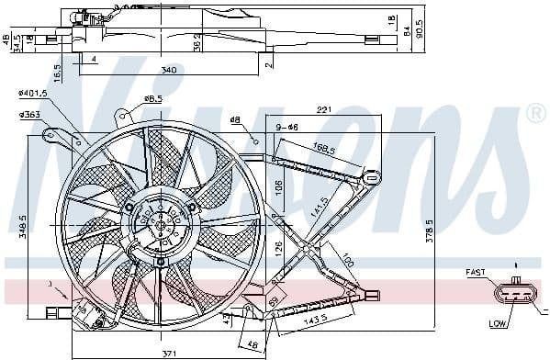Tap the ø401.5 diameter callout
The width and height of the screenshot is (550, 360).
pos(34,93)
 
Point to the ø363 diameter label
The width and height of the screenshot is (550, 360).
pos(30,114)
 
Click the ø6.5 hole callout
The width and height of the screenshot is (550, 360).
pos(154,99)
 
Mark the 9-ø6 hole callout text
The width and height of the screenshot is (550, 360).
pos(288,127)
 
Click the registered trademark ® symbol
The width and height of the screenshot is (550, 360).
pos(535,114)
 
